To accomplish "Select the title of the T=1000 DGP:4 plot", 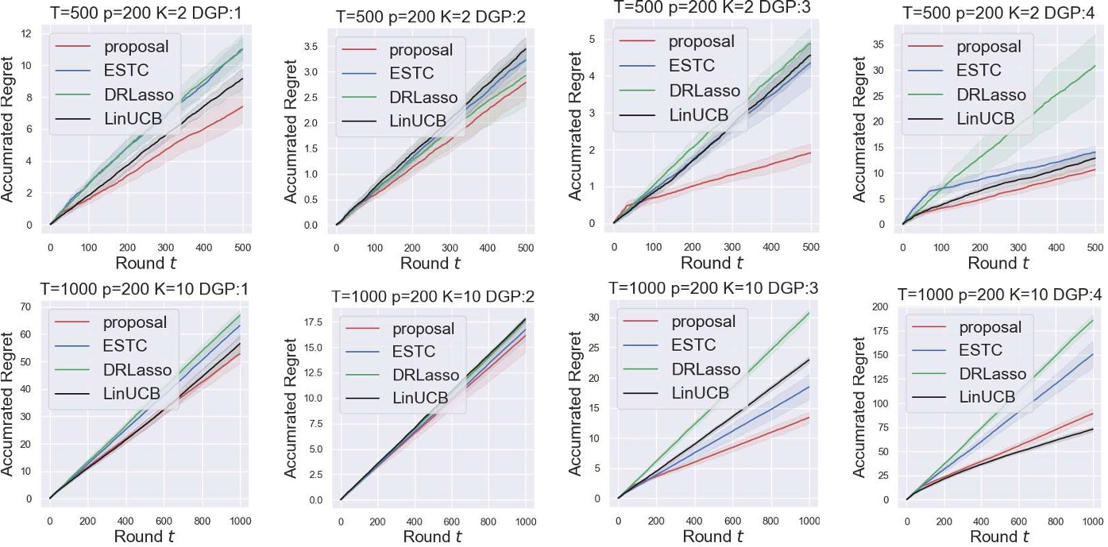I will [x=999, y=294].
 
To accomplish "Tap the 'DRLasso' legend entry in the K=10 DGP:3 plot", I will [x=706, y=369].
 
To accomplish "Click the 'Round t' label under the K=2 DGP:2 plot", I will [x=430, y=264].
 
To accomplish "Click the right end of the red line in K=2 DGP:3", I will [x=809, y=152].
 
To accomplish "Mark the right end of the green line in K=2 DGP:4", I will [x=1094, y=66].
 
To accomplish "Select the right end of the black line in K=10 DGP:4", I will [x=1093, y=429].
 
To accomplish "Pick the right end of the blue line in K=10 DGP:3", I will [x=809, y=387].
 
